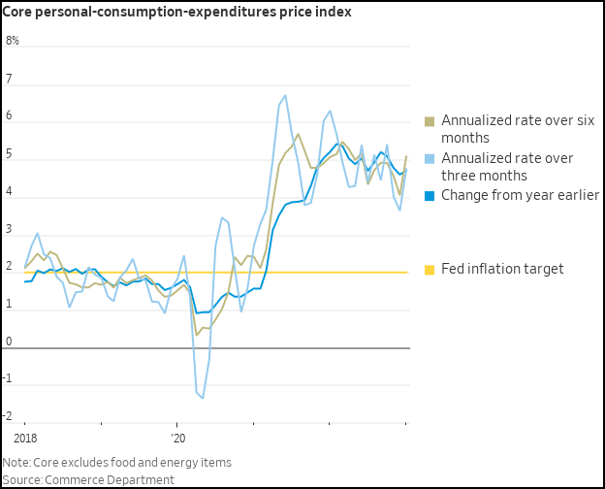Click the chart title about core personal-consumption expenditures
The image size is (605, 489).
(177, 12)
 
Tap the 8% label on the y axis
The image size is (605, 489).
(13, 41)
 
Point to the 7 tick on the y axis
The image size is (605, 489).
(9, 79)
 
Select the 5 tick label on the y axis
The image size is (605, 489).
(9, 154)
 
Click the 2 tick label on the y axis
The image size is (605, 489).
(9, 268)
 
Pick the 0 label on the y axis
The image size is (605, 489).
(9, 342)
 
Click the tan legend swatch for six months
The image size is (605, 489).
(430, 121)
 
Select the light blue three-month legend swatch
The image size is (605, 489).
(430, 158)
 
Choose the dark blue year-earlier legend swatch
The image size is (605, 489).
(430, 195)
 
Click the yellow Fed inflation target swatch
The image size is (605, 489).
(430, 269)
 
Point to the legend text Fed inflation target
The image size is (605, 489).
(502, 269)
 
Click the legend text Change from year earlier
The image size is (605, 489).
(520, 195)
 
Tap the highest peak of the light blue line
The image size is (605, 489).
(285, 95)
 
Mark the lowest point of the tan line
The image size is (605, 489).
(197, 336)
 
